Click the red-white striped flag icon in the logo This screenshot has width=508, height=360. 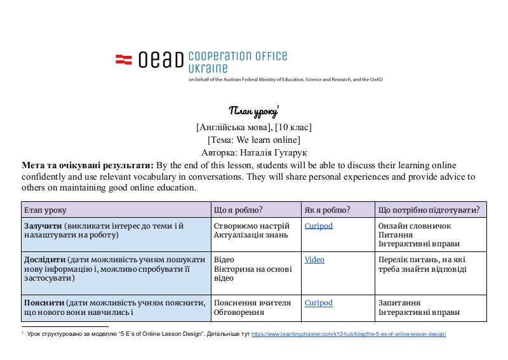(123, 59)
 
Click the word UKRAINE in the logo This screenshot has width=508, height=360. (208, 68)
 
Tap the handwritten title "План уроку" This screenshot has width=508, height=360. (253, 112)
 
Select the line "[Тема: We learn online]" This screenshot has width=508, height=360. (254, 139)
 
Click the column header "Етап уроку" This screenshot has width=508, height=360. (45, 210)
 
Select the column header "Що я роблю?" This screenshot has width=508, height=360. (239, 210)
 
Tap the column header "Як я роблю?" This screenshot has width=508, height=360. (328, 210)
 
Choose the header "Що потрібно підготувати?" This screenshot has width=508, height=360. (429, 210)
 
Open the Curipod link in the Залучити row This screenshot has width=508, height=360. (318, 225)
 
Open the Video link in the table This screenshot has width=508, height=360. (314, 260)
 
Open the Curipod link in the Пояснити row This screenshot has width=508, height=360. (318, 303)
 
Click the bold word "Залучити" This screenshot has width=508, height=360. (43, 225)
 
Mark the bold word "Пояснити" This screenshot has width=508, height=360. (44, 303)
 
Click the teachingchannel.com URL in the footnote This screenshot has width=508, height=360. (349, 334)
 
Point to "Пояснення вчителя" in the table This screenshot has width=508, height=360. (252, 303)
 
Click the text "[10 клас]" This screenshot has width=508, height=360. (293, 126)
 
